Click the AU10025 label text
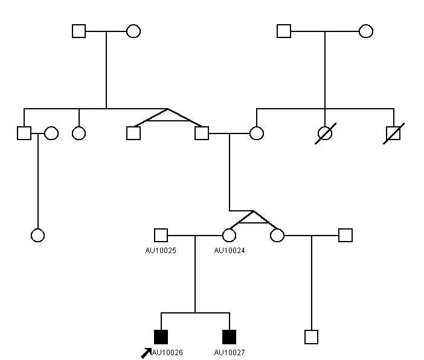point(161,251)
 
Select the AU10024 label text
point(230,251)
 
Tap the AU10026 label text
point(167,352)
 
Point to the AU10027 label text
point(230,352)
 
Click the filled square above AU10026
point(161,337)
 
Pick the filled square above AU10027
point(230,337)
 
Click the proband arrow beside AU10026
point(146,353)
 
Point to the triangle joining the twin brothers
point(168,121)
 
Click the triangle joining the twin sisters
point(253,223)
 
